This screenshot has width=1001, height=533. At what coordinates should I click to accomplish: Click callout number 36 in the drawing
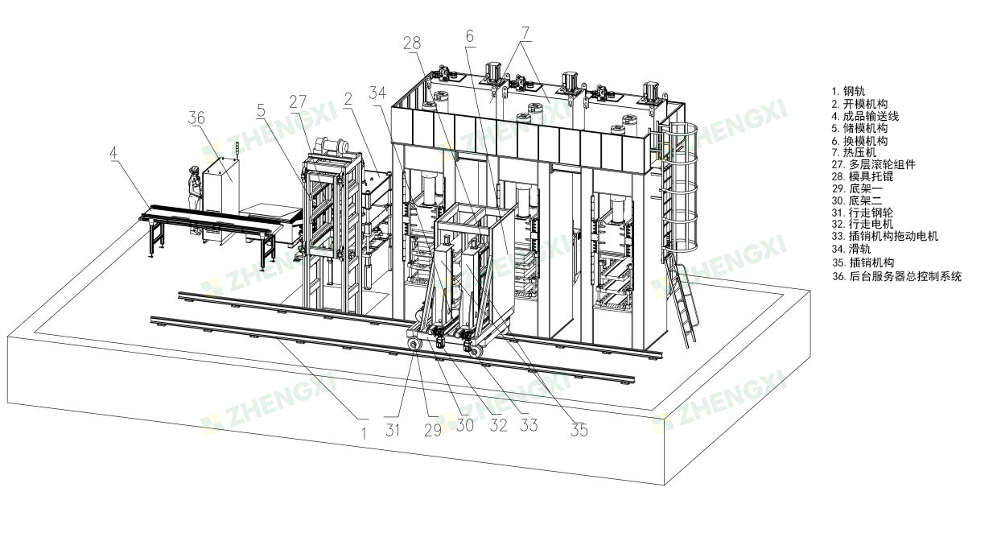click(x=196, y=118)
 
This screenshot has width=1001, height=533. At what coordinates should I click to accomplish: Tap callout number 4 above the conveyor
click(x=113, y=153)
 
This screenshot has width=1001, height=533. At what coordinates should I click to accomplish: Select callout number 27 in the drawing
click(x=298, y=102)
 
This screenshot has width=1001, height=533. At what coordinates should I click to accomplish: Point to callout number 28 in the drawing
click(x=412, y=43)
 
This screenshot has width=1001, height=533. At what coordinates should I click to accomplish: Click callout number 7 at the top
click(x=525, y=33)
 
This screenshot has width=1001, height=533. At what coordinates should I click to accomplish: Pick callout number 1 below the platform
click(x=364, y=433)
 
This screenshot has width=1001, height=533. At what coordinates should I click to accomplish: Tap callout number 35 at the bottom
click(x=579, y=430)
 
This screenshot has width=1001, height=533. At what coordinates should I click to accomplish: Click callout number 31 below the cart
click(x=393, y=430)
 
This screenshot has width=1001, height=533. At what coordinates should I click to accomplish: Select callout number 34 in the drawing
click(x=377, y=93)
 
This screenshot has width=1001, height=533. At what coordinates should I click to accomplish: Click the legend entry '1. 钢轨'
click(x=848, y=91)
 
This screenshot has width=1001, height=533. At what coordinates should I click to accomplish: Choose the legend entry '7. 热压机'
click(x=854, y=152)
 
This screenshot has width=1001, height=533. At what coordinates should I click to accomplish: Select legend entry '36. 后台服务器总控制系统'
click(x=897, y=276)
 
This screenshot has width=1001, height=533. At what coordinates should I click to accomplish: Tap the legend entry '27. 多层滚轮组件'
click(x=874, y=164)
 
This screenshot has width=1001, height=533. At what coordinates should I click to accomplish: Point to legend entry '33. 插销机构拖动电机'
click(x=885, y=236)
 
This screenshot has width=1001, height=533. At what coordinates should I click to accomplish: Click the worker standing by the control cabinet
click(x=195, y=199)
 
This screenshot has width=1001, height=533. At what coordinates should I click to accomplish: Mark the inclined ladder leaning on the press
click(x=681, y=300)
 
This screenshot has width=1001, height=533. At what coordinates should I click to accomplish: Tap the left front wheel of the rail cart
click(x=414, y=345)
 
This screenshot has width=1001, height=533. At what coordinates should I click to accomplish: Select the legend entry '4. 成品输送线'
click(x=865, y=116)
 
